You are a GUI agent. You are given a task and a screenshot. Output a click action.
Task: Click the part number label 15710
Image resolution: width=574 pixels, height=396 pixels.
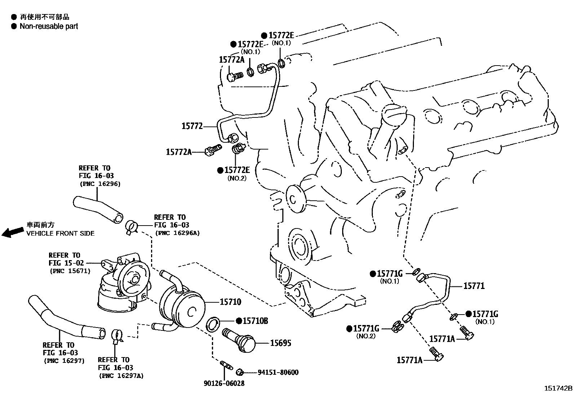230,302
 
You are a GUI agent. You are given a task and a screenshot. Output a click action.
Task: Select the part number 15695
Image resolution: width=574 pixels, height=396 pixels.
281,343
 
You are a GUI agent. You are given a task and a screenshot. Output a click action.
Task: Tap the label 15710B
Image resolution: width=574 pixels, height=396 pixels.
255,321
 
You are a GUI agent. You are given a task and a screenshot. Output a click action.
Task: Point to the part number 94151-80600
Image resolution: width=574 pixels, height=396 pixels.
278,373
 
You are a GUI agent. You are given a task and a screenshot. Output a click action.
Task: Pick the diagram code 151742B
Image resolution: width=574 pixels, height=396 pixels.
558,388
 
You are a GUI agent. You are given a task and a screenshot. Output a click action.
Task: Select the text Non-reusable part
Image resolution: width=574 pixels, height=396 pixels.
49,26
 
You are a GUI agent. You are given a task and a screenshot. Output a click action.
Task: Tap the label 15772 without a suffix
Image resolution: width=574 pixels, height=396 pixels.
192,126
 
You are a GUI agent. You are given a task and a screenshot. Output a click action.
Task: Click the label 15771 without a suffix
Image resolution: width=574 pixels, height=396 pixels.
474,286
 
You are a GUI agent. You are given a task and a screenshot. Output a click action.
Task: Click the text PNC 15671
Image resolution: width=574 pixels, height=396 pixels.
70,271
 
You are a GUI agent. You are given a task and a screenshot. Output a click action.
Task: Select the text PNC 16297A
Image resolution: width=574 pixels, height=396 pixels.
121,375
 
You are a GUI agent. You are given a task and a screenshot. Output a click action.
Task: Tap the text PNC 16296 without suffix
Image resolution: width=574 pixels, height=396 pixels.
100,183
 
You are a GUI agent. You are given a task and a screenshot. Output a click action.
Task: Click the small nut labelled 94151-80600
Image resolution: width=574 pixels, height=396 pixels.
239,372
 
